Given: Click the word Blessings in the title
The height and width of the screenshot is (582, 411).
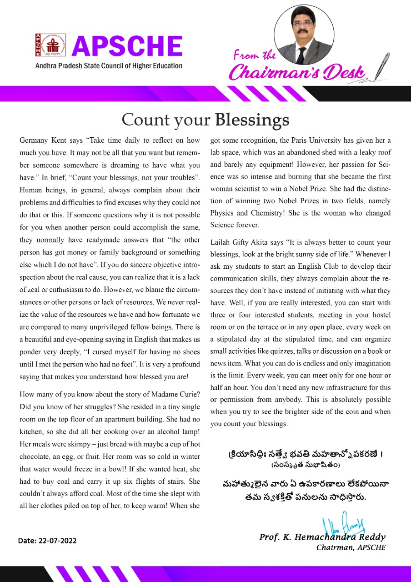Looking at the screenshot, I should click(252, 119).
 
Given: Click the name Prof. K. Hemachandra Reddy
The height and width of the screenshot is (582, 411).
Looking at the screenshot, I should click(322, 537).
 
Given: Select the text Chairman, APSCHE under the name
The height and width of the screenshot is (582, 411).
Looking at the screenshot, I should click(351, 547).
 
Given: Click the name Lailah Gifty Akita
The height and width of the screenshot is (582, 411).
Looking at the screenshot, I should click(242, 243).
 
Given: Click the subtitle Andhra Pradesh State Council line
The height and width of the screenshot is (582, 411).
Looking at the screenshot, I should click(109, 65).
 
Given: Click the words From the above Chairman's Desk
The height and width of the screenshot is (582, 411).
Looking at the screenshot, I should click(255, 56).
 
